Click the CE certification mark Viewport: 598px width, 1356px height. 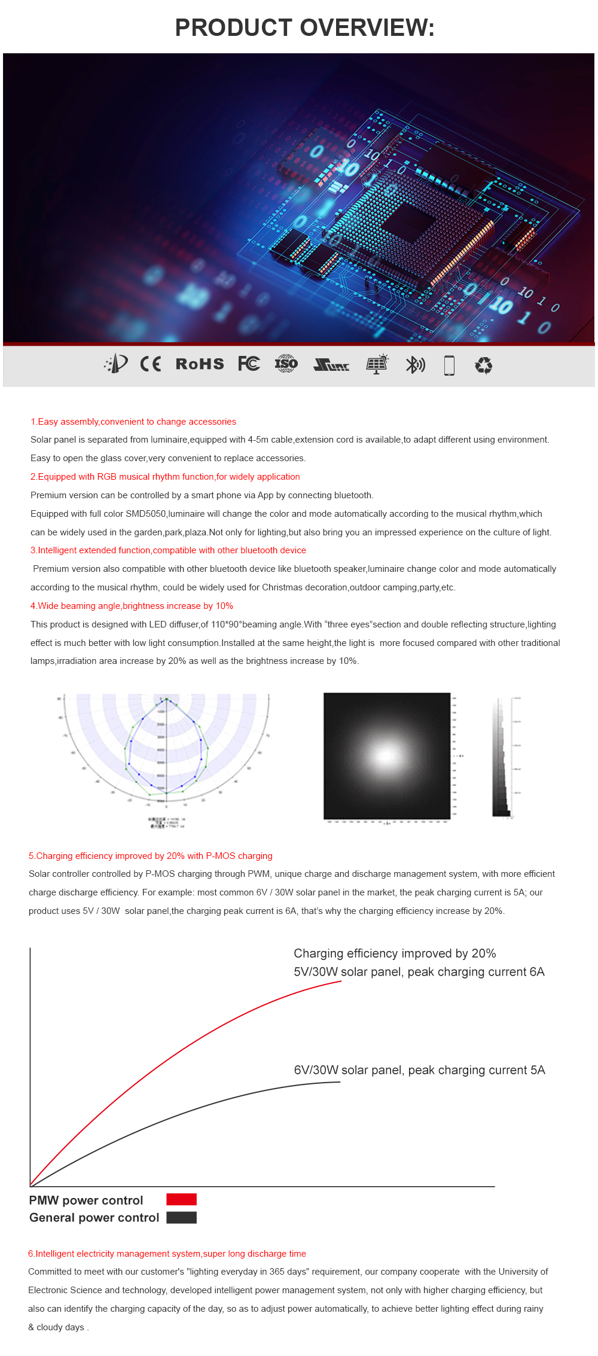pos(150,364)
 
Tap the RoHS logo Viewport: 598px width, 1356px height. pos(200,364)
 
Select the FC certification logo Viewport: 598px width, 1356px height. pos(249,364)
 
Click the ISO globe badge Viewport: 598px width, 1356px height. pos(286,364)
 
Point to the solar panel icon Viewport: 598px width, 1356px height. pos(377,364)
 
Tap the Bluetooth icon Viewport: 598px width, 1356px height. pos(415,364)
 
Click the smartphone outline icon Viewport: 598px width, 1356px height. pos(449,365)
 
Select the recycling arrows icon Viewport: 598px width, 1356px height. pos(483,365)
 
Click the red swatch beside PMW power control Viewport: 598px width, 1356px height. pos(181,1199)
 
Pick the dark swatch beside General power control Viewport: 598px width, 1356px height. pos(181,1217)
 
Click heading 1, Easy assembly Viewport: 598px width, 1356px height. pos(133,422)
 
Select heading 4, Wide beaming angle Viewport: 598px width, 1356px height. pos(132,606)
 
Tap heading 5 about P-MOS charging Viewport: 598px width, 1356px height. pos(151,856)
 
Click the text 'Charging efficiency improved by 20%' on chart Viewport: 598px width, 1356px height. pos(395,953)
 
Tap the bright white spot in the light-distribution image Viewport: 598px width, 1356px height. pos(386,755)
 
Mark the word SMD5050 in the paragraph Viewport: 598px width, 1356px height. pos(145,514)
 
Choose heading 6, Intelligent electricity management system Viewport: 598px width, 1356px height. pos(167,1254)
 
